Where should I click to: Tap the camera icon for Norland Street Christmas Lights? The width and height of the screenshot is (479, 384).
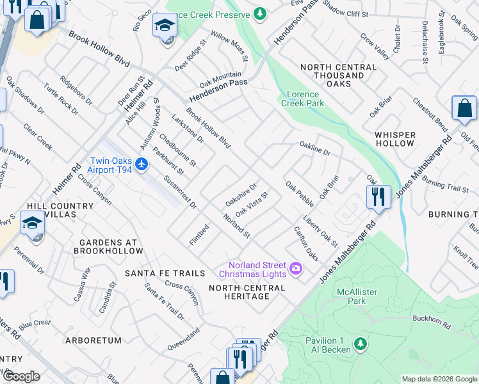click(296, 268)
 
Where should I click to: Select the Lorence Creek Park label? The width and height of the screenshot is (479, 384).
click(302, 99)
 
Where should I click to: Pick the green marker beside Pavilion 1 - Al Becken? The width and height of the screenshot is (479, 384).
click(360, 344)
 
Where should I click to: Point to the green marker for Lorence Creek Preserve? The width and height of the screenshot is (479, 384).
click(259, 13)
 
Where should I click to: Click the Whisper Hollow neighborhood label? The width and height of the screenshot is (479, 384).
click(395, 139)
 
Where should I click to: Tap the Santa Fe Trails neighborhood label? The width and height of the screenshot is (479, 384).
click(165, 273)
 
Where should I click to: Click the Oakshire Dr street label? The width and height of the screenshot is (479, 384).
click(241, 195)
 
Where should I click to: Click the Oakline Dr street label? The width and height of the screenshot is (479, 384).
click(314, 152)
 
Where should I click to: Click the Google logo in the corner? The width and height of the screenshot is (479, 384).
click(21, 376)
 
